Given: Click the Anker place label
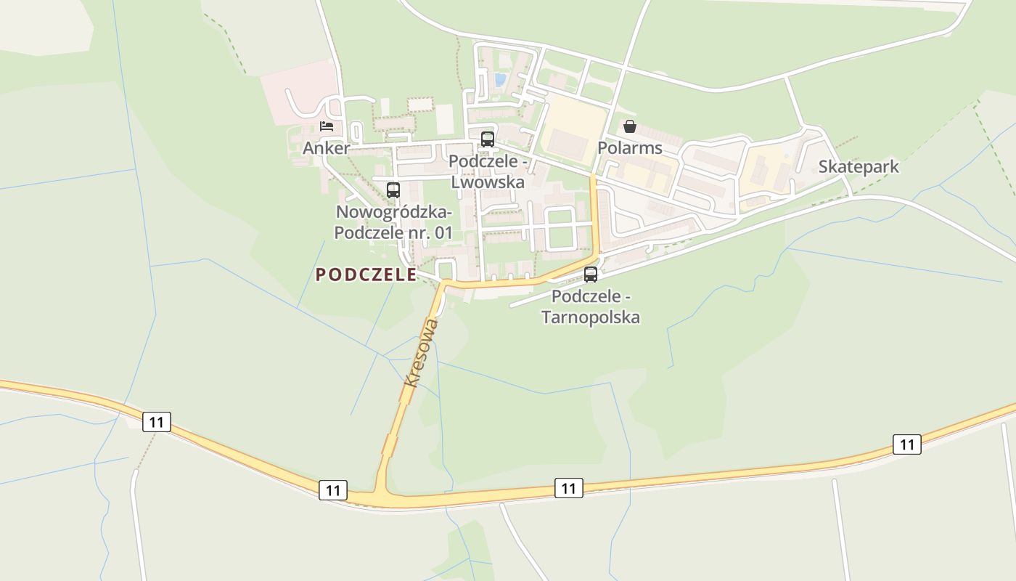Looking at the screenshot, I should point(326,148).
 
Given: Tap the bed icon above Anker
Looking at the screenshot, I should point(327,126).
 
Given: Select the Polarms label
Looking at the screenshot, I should point(630,148).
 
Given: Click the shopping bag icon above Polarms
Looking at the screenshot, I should point(629,126).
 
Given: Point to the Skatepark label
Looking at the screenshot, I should point(859,166).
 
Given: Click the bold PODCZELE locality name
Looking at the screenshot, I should point(366,275).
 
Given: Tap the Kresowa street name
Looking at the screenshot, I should point(421,352).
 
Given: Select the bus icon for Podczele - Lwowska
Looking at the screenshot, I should point(487,139).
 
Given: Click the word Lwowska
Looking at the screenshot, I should point(488,182).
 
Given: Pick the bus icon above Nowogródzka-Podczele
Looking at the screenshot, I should point(393,190).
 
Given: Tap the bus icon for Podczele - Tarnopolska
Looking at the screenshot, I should point(591,275).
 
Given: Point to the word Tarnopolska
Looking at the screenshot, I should point(591,317).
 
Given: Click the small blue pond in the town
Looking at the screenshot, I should point(499,78).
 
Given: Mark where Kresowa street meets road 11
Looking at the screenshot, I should point(381,495).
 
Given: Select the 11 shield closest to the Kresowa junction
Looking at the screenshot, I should point(332,490).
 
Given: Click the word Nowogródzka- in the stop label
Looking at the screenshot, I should point(394,213).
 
